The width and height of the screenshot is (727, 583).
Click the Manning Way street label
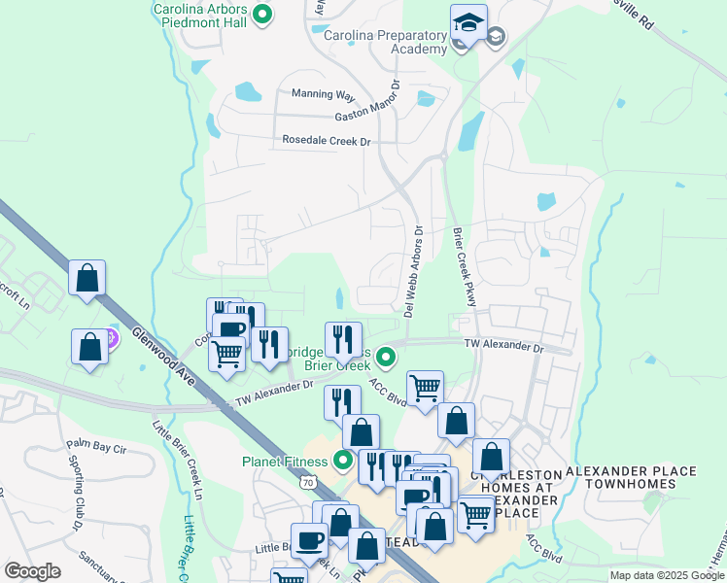point(324,94)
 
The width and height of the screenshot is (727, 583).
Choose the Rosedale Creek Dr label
point(328,141)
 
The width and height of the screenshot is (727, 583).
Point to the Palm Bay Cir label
point(97,446)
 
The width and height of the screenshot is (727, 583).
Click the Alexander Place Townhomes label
point(632,478)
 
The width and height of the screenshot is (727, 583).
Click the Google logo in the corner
point(32,571)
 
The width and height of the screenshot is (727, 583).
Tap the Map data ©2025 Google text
point(667,575)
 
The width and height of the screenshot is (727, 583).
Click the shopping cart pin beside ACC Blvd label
point(425,389)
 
